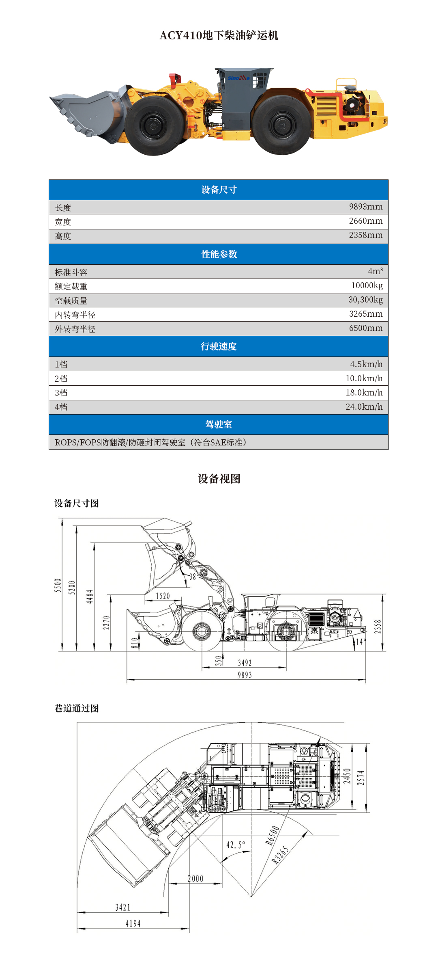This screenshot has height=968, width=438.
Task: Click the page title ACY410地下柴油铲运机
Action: click(219, 36)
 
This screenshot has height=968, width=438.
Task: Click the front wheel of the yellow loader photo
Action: click(155, 125)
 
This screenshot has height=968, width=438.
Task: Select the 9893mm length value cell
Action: click(365, 207)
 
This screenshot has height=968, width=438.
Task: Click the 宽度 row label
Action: click(63, 222)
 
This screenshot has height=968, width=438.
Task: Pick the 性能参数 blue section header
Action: click(219, 254)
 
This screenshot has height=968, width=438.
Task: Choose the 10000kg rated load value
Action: click(367, 285)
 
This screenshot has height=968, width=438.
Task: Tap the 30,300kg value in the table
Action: click(365, 300)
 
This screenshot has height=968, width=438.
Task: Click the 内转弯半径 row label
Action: click(75, 315)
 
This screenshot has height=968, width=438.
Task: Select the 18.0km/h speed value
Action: click(364, 393)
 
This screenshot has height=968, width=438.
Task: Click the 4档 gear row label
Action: click(61, 407)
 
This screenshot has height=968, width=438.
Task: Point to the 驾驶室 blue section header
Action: click(219, 424)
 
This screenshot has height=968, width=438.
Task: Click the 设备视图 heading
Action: click(219, 479)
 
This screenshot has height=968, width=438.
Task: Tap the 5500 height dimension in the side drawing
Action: click(58, 585)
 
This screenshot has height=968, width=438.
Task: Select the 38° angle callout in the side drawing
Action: click(193, 576)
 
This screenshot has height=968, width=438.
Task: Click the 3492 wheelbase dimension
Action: click(245, 663)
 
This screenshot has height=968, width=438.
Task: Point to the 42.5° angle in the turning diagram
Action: click(235, 845)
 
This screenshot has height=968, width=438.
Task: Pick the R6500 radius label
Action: click(273, 835)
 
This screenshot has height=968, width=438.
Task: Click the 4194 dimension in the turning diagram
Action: click(133, 924)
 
